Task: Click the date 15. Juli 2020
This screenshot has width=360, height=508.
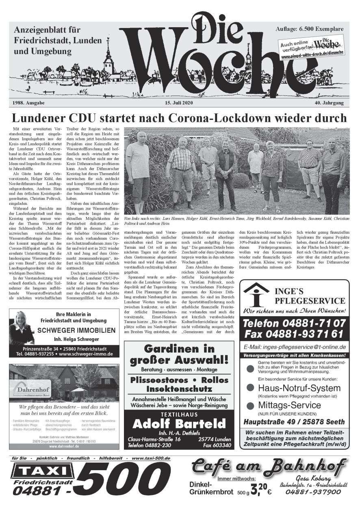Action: pos(179,102)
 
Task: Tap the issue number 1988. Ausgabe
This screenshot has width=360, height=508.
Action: pos(28,102)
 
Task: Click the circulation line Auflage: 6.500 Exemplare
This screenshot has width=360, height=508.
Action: pos(309,29)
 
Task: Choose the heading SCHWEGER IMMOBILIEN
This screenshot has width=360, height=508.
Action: pos(76,330)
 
